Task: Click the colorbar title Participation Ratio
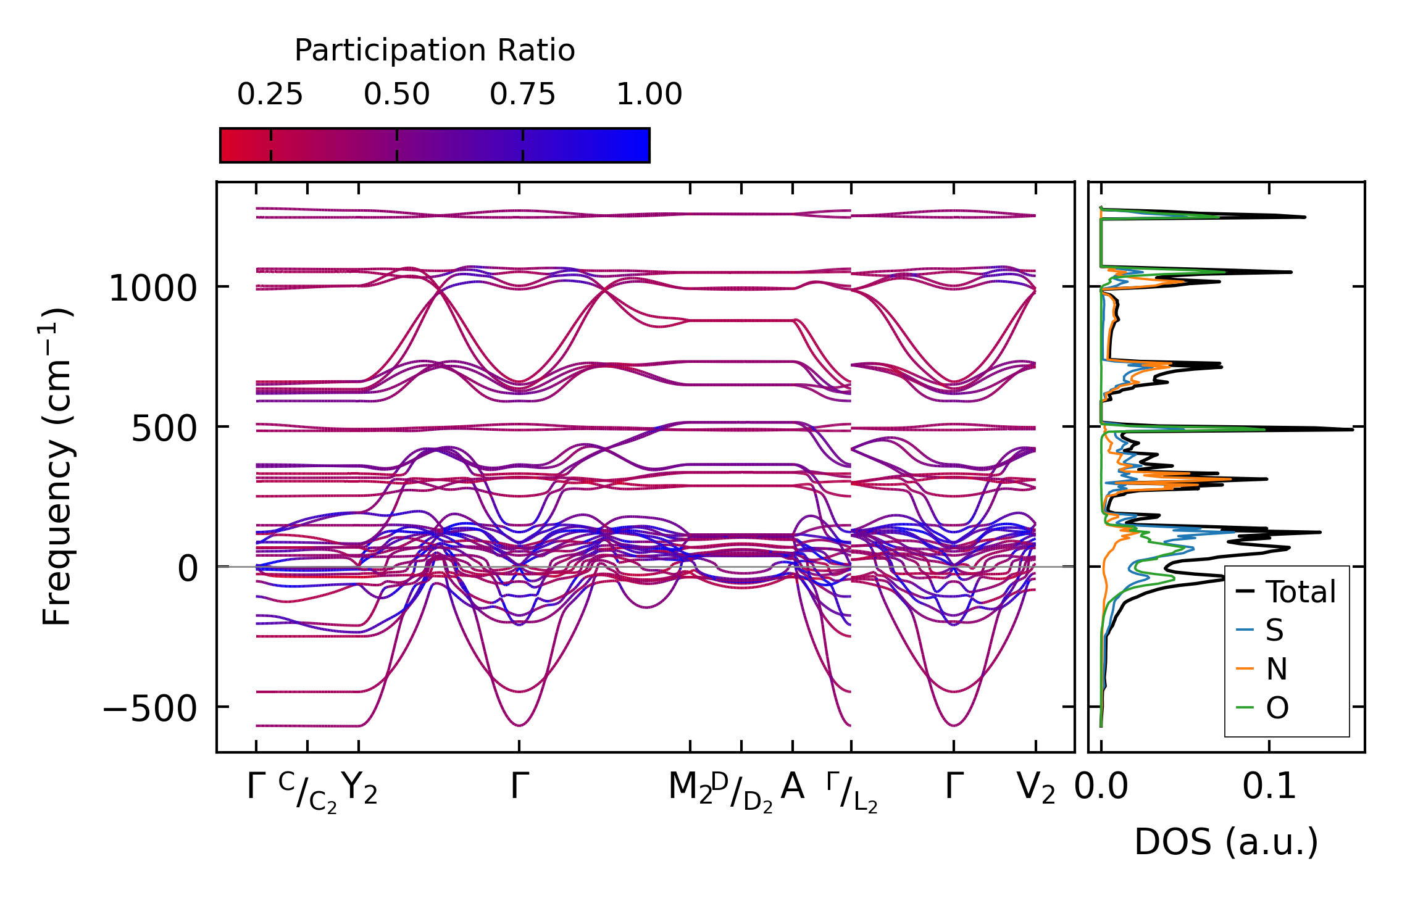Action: [x=434, y=51]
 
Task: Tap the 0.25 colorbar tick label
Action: [x=270, y=94]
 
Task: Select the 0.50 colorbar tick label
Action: [x=396, y=94]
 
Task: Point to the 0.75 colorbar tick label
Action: [x=522, y=94]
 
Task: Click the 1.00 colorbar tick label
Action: [x=649, y=94]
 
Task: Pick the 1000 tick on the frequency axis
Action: [x=152, y=288]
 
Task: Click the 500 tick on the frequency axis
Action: [x=164, y=428]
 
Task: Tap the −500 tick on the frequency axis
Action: [x=149, y=709]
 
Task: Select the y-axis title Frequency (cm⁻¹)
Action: [x=57, y=467]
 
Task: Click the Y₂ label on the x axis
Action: [x=359, y=788]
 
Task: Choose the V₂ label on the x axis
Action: [x=1035, y=788]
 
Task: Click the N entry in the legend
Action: [x=1276, y=669]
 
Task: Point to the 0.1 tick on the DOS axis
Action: [x=1269, y=787]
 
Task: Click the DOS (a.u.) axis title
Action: [x=1226, y=842]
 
